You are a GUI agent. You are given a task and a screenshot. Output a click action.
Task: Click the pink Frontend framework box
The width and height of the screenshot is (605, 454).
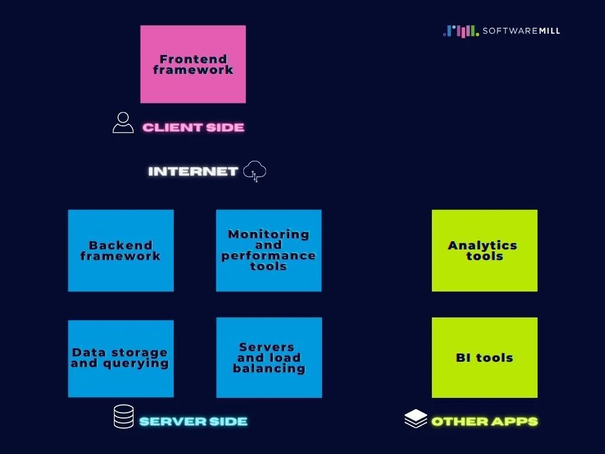193,64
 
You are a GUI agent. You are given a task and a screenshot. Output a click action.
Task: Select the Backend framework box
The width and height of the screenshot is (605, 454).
121,250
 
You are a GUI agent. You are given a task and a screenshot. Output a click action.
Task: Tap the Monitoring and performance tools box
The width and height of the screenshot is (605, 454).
269,250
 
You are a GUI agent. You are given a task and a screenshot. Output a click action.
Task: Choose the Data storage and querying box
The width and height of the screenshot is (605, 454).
121,358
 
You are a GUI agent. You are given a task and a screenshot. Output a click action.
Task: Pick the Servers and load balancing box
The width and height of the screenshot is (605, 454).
269,358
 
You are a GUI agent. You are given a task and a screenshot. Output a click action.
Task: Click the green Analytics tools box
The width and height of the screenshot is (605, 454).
484,250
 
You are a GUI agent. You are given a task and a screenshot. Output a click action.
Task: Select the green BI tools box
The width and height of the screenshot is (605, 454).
484,358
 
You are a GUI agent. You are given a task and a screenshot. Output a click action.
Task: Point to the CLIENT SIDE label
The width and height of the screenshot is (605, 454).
193,127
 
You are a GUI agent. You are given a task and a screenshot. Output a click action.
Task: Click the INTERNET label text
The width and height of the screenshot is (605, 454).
193,171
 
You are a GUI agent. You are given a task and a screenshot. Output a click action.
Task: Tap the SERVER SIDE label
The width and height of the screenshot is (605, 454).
193,421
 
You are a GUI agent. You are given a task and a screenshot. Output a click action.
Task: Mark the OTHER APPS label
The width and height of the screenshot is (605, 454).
484,421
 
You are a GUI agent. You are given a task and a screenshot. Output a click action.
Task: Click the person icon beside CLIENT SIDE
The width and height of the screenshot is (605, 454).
123,122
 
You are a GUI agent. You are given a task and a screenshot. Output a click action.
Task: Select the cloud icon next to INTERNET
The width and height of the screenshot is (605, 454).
255,171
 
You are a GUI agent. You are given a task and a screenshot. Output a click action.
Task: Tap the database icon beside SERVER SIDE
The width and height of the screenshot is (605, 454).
123,417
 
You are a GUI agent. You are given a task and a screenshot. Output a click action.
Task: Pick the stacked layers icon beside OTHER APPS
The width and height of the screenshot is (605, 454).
415,419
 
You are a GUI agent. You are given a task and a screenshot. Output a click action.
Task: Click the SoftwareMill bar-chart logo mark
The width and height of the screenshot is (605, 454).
461,31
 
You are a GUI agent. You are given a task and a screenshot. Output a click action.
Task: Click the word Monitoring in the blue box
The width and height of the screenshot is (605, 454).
269,234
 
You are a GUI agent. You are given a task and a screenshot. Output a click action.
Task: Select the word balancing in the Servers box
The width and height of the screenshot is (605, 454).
269,368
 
